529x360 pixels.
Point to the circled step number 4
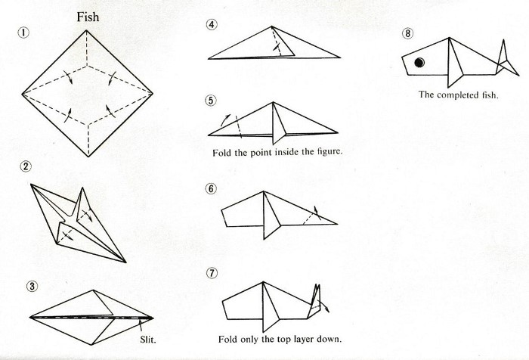click(x=212, y=25)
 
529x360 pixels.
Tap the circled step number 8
click(x=409, y=33)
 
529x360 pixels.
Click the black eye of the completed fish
click(x=417, y=62)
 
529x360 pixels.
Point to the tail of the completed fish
click(x=500, y=59)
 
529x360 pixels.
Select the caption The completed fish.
click(x=458, y=95)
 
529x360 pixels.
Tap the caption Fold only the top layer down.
click(x=279, y=337)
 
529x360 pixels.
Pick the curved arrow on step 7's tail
click(x=324, y=305)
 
